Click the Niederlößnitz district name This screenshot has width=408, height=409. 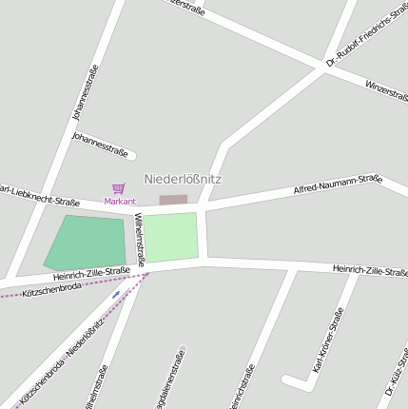click(x=183, y=179)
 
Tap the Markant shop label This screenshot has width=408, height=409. click(x=120, y=202)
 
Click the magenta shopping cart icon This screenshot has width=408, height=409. click(x=119, y=188)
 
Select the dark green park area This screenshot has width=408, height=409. click(x=87, y=243)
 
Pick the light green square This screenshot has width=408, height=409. click(x=171, y=237)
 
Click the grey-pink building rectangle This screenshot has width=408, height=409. click(x=173, y=200)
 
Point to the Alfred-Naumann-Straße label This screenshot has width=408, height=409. click(x=338, y=185)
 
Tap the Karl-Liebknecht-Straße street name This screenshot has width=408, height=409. click(x=38, y=194)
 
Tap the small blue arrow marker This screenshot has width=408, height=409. click(x=116, y=295)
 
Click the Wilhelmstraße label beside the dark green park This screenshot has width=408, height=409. click(x=140, y=238)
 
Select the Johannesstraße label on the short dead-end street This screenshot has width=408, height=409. click(x=100, y=144)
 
